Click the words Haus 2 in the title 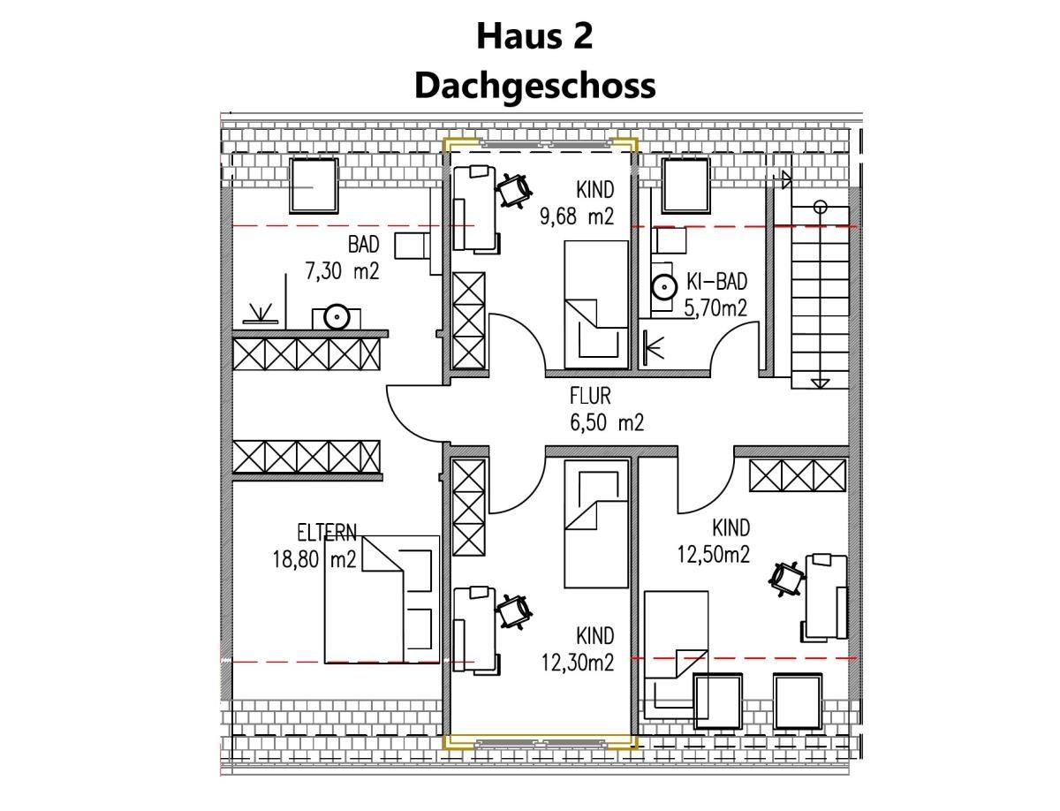(x=534, y=37)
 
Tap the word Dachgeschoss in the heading (x=534, y=86)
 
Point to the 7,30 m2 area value (x=342, y=272)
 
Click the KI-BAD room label (x=716, y=283)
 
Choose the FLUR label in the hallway (x=590, y=398)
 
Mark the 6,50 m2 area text (x=607, y=424)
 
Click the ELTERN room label (x=327, y=533)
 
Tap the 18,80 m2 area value (x=314, y=558)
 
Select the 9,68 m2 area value (x=577, y=216)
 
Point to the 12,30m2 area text (x=577, y=662)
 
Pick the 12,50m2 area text (x=713, y=555)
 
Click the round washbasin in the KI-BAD (x=662, y=286)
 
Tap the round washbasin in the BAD (x=336, y=316)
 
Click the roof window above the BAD (x=314, y=185)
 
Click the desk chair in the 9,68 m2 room (x=513, y=186)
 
